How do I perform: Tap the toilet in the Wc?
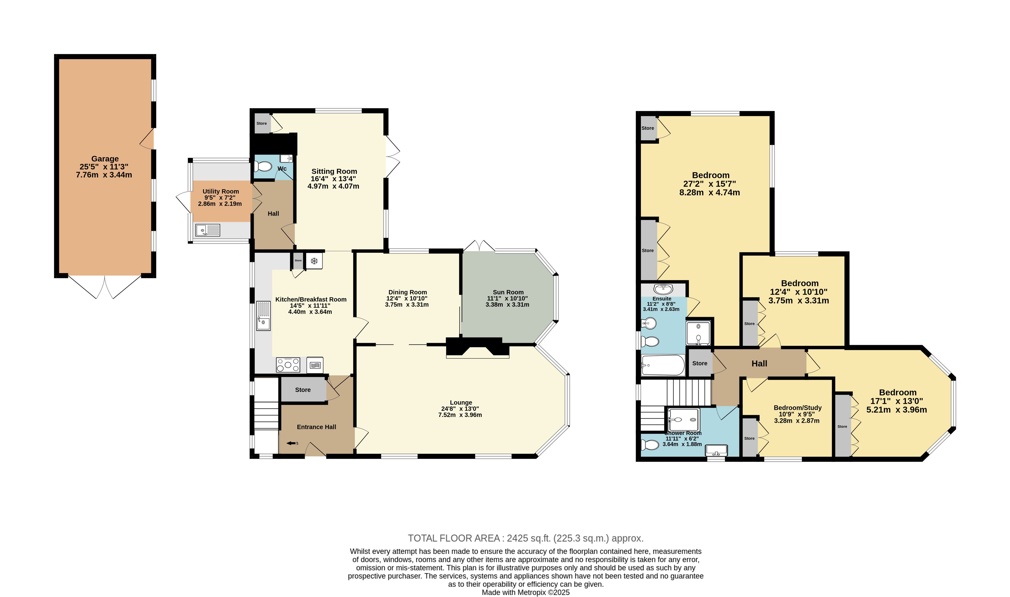[263, 166]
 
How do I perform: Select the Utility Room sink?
[207, 230]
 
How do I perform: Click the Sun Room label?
[508, 292]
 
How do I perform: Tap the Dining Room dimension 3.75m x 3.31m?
[407, 305]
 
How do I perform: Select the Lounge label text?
[461, 402]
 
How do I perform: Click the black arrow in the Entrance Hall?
[290, 443]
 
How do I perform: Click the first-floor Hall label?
[759, 364]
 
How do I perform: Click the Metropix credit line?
[526, 592]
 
